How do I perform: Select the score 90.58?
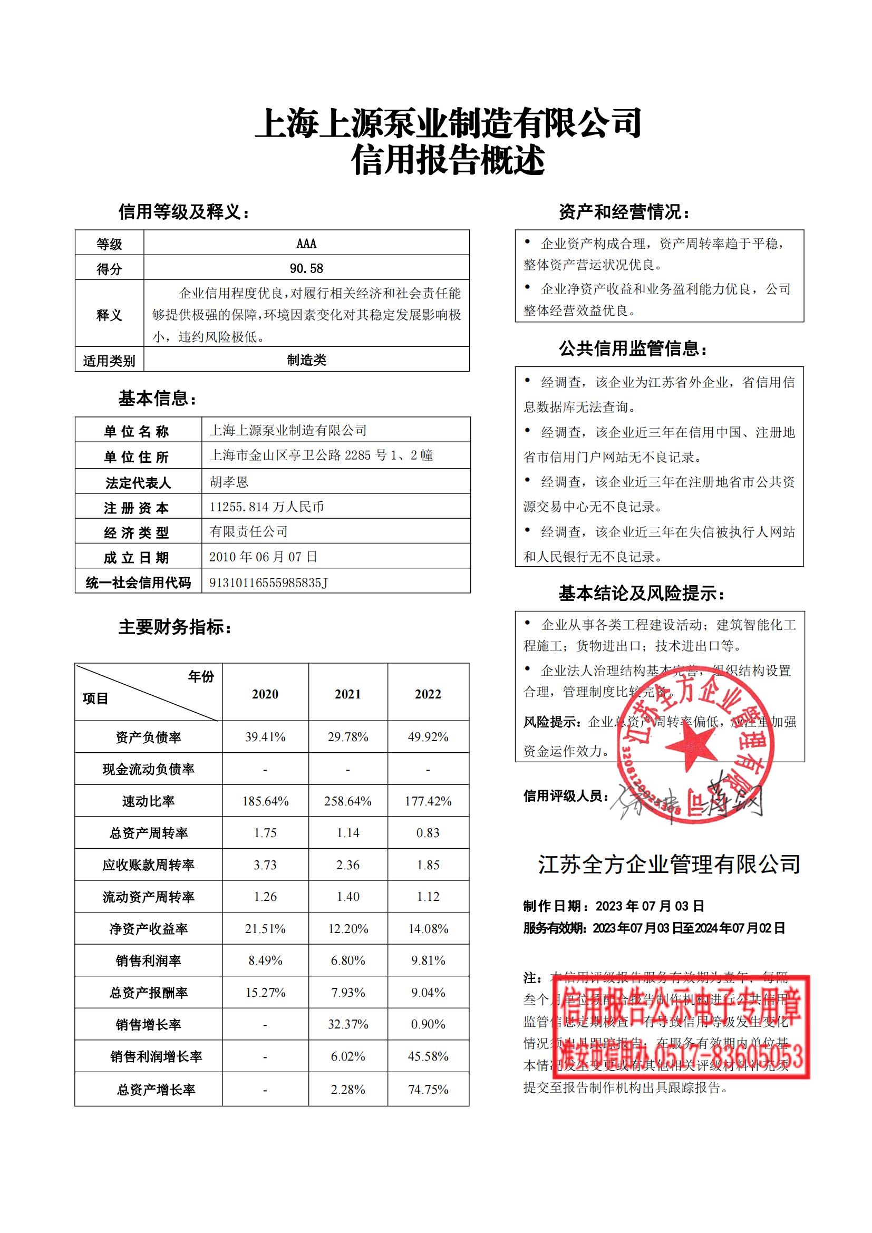coord(306,268)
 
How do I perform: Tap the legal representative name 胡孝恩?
coord(229,482)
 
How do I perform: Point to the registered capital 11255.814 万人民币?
coord(266,507)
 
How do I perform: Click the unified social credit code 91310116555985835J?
coord(268,582)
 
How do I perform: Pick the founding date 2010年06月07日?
coord(263,557)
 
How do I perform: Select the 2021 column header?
coord(347,694)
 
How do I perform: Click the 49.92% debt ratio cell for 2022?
coord(428,737)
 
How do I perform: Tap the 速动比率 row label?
coord(148,801)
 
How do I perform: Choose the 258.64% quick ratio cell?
coord(347,801)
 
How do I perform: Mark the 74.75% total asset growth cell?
coord(428,1089)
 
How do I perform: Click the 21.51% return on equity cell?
coord(265,928)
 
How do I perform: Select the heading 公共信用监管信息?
coord(633,349)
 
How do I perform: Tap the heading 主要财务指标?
coord(175,627)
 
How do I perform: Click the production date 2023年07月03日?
coord(650,906)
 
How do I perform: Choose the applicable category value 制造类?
coord(306,360)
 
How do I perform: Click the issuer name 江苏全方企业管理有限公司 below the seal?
coord(669,864)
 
